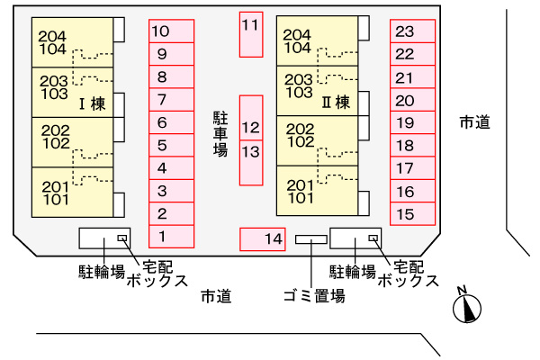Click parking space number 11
(251, 34)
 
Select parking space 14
(263, 239)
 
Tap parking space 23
(412, 31)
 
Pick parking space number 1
(172, 237)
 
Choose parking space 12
(251, 118)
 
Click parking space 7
(172, 100)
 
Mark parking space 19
(412, 122)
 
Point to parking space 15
(412, 214)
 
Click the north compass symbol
(466, 306)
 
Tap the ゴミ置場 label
(314, 296)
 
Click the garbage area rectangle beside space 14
(311, 239)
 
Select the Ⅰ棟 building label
(93, 103)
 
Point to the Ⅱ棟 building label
(336, 102)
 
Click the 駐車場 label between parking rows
(220, 134)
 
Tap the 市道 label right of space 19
(475, 122)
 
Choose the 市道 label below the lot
(216, 296)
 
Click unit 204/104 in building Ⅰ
(72, 42)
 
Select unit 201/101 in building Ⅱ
(317, 191)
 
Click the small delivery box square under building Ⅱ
(373, 238)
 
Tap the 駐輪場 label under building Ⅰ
(102, 272)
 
